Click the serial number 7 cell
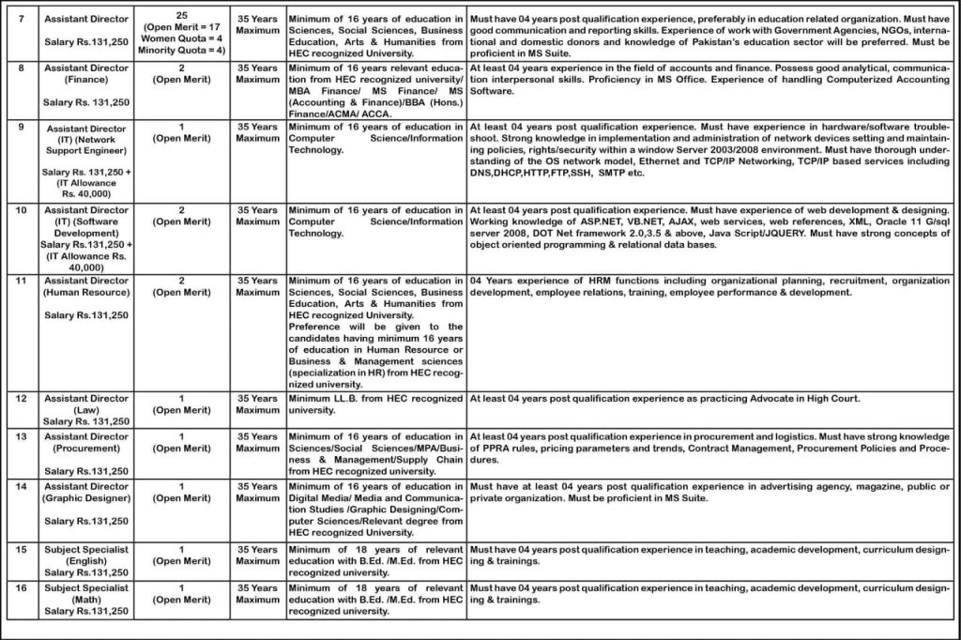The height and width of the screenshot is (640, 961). point(21,18)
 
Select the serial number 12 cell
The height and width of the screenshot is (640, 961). point(21,398)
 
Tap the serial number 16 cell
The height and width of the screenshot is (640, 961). point(21,587)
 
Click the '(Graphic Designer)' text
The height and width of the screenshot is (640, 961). point(85,497)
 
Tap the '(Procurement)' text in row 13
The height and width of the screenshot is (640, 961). point(85,448)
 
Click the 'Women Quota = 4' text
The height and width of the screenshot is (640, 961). point(180,39)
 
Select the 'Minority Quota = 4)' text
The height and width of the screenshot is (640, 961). point(180,51)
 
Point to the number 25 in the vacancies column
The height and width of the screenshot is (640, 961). point(180,17)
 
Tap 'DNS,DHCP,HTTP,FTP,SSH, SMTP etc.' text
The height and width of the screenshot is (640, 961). point(557,173)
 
